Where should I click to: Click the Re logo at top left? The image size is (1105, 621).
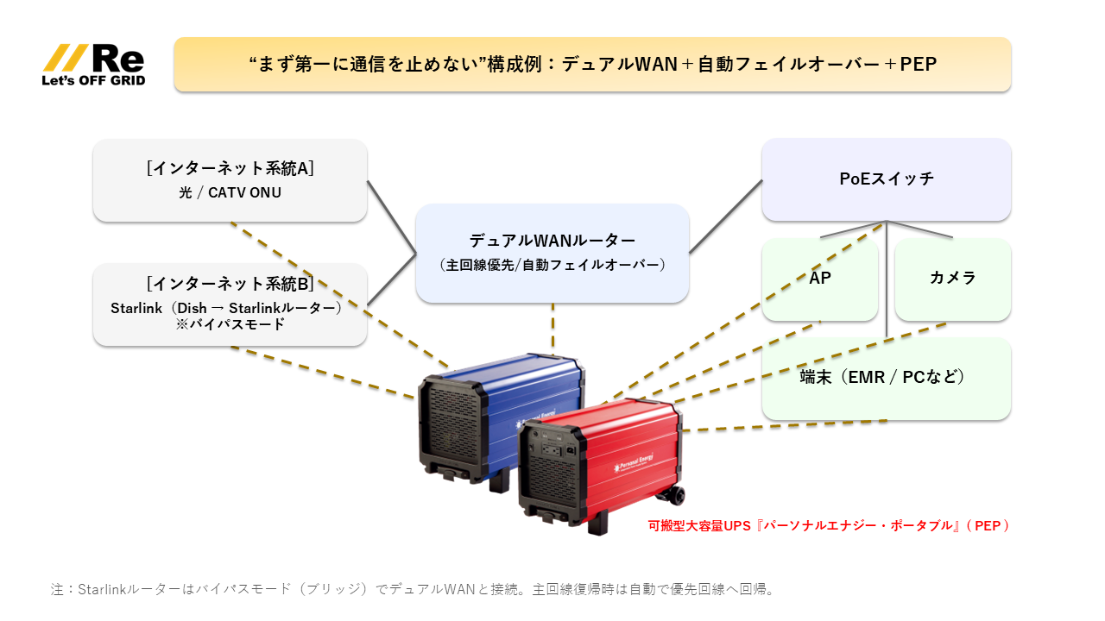[x=95, y=59]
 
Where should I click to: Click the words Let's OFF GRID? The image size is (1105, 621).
[x=93, y=80]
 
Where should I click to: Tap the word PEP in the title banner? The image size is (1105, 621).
[x=918, y=65]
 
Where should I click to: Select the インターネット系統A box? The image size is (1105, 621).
[x=230, y=180]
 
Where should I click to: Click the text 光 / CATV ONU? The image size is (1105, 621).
[x=230, y=193]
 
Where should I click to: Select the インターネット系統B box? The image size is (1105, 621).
[x=230, y=304]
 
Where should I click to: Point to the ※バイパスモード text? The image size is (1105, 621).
[x=230, y=325]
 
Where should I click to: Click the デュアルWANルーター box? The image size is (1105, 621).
[x=552, y=253]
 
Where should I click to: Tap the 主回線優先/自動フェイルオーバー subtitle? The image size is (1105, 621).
[x=552, y=265]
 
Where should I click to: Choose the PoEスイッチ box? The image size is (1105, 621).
[x=886, y=179]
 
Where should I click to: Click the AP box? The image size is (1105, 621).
[x=820, y=279]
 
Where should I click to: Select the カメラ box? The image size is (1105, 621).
[x=952, y=279]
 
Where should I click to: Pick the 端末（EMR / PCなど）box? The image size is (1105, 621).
[x=886, y=378]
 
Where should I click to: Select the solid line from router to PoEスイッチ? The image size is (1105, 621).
[x=725, y=216]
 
